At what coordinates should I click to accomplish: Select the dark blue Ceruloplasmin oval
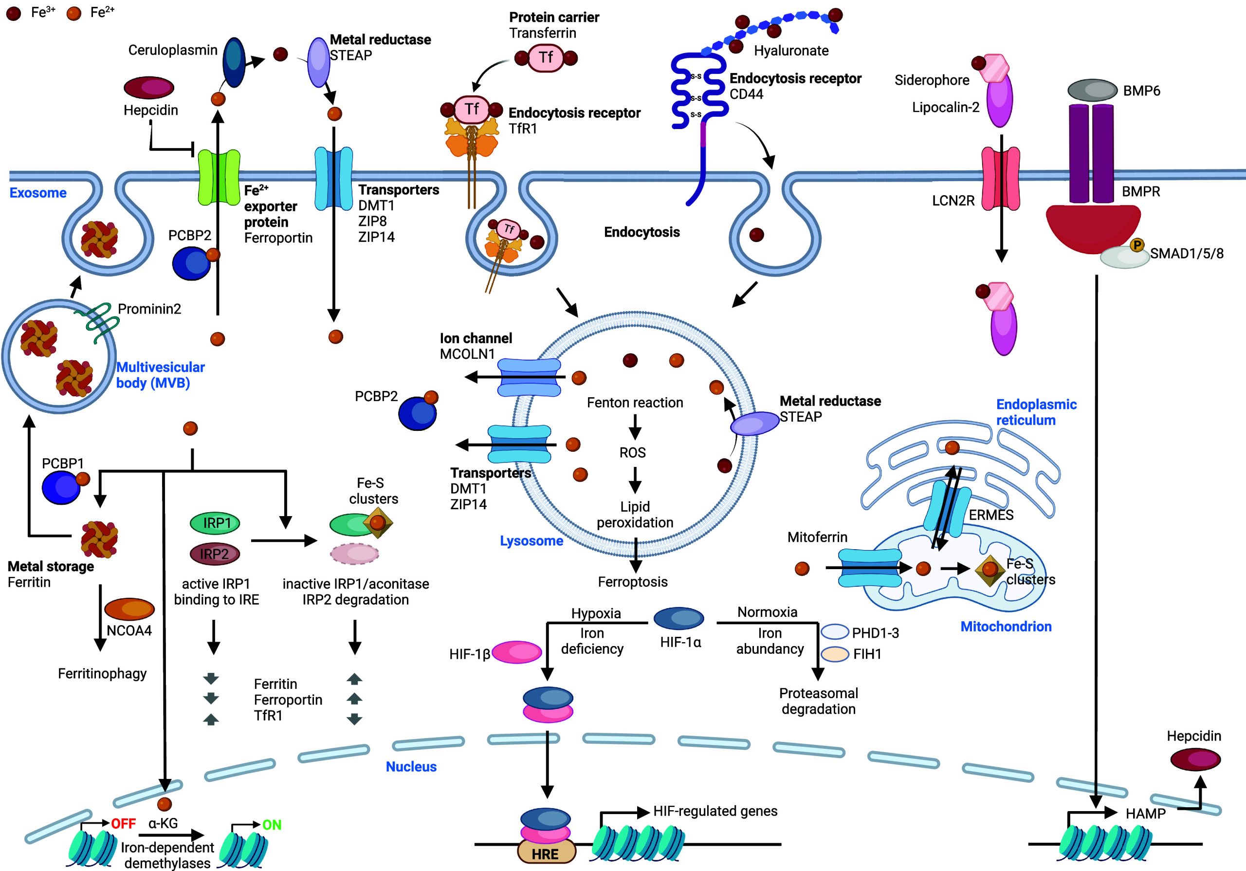click(x=235, y=62)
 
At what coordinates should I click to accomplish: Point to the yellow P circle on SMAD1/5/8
click(x=1136, y=245)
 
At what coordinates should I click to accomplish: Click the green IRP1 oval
click(x=215, y=523)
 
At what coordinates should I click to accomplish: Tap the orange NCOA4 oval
click(x=129, y=609)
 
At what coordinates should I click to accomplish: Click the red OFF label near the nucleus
click(x=123, y=824)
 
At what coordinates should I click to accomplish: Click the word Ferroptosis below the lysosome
click(x=633, y=582)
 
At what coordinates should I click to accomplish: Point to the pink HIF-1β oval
click(x=516, y=653)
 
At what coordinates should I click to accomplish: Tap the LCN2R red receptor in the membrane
click(x=1001, y=179)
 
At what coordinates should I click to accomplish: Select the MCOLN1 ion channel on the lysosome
click(x=529, y=377)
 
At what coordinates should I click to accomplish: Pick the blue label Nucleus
click(x=411, y=766)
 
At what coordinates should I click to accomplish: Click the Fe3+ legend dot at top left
click(x=13, y=14)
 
